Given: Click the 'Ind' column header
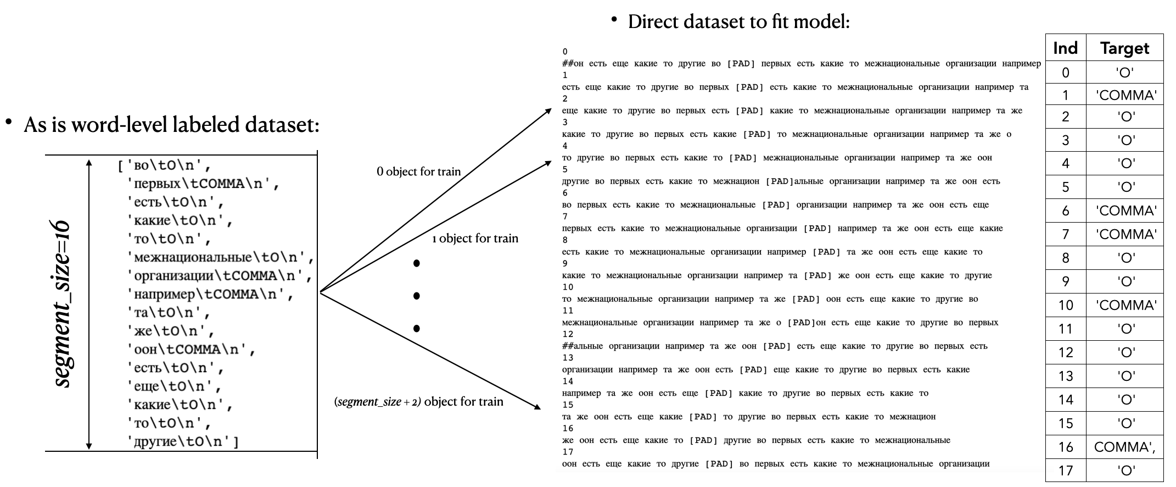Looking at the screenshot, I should click(1065, 48).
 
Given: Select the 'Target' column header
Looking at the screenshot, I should click(1124, 48).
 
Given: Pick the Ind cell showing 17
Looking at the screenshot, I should click(1065, 471).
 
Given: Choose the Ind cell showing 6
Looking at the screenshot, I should click(1065, 211).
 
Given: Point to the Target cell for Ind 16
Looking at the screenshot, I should click(1124, 447).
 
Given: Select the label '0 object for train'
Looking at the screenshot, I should click(418, 171).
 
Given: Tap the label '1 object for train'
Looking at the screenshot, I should click(475, 238).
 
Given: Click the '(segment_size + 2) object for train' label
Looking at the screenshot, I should click(418, 401).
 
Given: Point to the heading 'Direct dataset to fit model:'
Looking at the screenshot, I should click(738, 22).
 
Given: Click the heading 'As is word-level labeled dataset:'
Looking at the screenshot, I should click(171, 125).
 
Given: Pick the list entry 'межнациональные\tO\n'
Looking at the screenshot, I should click(220, 257).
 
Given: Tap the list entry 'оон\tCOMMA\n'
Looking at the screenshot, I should click(191, 350).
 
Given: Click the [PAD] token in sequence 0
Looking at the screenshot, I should click(741, 64).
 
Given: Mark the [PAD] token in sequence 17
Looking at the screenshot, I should click(719, 464).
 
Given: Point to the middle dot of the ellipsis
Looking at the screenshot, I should click(417, 296).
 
